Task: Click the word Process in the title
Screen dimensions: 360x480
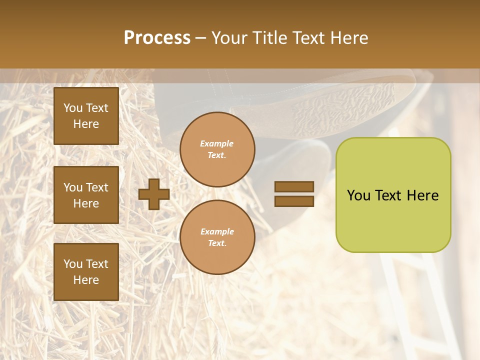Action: tap(157, 38)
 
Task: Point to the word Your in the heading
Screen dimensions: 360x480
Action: tap(229, 38)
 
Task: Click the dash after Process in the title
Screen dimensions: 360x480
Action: tap(200, 38)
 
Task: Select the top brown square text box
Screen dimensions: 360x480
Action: tap(86, 116)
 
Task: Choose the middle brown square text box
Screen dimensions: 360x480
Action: tap(86, 195)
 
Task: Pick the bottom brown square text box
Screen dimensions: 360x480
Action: tap(86, 271)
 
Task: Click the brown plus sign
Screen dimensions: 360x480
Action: tap(153, 194)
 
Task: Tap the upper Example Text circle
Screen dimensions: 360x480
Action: tap(217, 149)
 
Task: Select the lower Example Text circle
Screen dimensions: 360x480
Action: tap(217, 237)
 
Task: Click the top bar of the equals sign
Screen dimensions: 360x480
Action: tap(294, 187)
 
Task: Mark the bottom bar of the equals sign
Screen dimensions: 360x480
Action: tap(294, 201)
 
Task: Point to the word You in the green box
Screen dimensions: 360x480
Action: tap(358, 195)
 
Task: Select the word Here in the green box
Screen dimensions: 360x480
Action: tap(422, 195)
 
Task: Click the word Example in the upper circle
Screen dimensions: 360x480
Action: tap(217, 144)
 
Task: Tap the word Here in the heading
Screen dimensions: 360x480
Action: tap(348, 38)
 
